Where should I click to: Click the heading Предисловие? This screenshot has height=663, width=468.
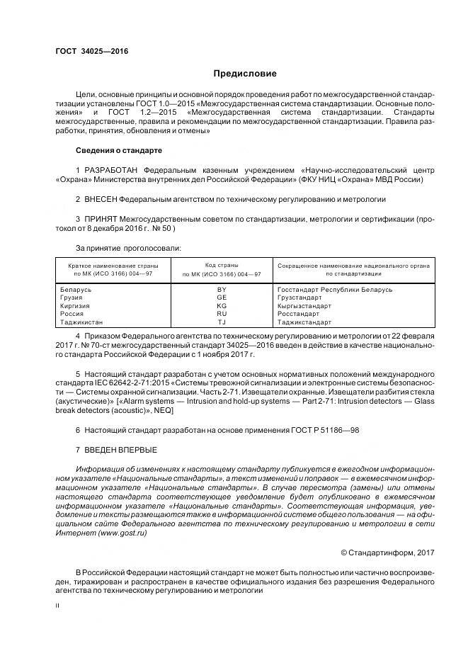[245, 74]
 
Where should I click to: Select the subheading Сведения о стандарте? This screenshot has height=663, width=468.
[119, 151]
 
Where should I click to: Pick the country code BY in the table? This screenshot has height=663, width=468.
[222, 289]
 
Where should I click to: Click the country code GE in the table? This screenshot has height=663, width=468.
[222, 297]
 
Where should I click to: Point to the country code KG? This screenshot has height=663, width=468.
[222, 305]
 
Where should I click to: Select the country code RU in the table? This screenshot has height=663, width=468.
[222, 313]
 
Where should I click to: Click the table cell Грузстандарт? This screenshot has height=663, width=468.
[299, 297]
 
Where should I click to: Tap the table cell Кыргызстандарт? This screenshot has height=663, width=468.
[304, 305]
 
